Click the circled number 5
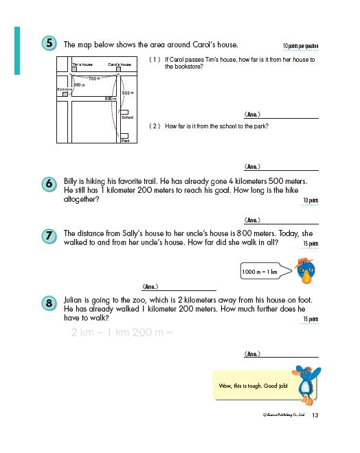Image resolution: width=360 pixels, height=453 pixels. pos(50,43)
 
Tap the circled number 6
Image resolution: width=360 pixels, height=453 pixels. pos(50,184)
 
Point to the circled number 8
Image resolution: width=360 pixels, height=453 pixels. pos(50,303)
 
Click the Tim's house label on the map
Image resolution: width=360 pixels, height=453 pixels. pos(82,64)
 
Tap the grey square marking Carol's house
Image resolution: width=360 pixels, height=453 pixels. pos(120,69)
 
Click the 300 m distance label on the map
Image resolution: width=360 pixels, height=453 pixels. pos(79,85)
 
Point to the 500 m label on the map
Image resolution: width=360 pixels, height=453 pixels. pos(127,92)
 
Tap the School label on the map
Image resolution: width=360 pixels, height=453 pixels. pos(126,117)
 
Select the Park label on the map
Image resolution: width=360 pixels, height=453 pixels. pos(125,140)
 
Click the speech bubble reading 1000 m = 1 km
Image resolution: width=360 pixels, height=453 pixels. pos(260,272)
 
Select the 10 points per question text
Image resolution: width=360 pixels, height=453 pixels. pos(300,46)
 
